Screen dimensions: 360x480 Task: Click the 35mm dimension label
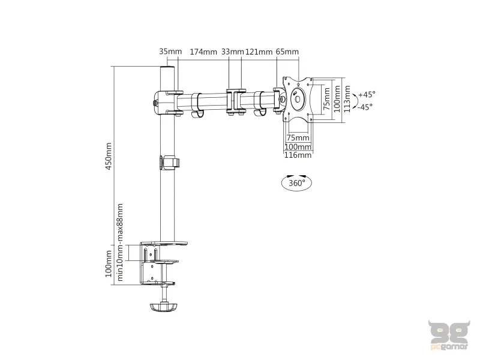coord(170,52)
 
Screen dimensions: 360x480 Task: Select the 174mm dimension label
coord(203,52)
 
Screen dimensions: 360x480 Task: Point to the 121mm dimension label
coord(260,52)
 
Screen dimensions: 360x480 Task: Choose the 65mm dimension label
coord(287,52)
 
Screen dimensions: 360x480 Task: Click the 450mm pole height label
coord(109,156)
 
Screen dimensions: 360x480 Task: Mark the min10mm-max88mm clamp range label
coord(121,242)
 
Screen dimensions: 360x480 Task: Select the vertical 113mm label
coord(347,100)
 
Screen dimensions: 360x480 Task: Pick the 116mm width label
coord(298,155)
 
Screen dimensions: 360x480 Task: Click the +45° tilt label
coord(365,94)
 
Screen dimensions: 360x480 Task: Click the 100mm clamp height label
coord(109,265)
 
